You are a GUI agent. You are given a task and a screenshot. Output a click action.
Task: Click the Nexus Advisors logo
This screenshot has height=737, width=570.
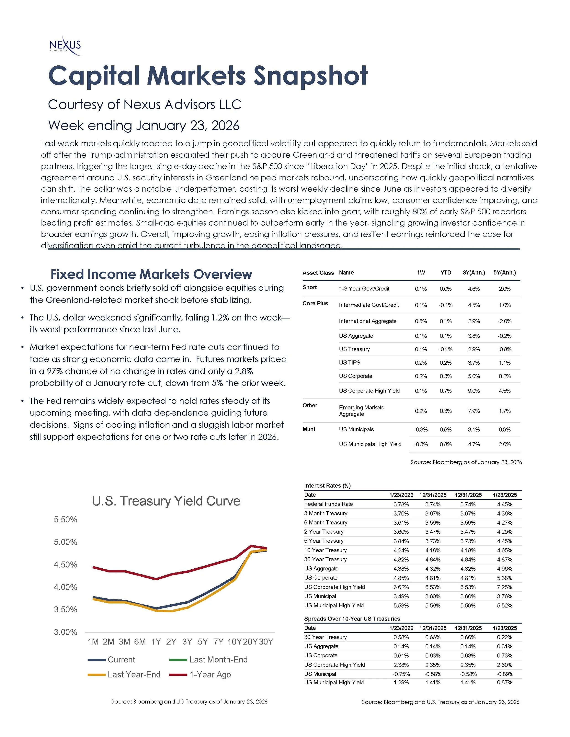point(65,46)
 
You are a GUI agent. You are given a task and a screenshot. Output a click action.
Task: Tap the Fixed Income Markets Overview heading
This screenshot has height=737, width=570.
point(151,274)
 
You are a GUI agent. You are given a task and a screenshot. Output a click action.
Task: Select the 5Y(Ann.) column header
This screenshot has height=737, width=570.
point(505,273)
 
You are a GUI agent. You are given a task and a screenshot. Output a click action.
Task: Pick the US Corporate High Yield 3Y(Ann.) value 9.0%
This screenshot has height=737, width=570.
point(474,391)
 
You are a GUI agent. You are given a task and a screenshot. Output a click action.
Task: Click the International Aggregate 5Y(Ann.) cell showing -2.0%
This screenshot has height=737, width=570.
point(505,321)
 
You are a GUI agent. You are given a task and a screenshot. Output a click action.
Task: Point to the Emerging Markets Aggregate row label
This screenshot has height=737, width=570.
point(361,411)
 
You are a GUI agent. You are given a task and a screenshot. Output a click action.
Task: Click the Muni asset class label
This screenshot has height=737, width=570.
point(309,429)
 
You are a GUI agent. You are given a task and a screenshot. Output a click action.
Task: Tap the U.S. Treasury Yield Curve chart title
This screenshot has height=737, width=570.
point(166,501)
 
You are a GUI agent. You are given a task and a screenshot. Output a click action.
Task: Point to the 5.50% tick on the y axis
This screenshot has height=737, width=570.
point(65,519)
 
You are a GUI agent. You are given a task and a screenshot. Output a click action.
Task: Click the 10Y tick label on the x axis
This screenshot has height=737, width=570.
point(234,642)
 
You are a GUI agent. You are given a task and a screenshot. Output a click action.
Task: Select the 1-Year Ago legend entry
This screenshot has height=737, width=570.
point(210,675)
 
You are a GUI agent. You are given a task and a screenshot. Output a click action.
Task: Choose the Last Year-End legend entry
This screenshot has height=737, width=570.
point(134,675)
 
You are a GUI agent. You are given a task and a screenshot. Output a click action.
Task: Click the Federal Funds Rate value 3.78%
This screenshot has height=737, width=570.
point(401,504)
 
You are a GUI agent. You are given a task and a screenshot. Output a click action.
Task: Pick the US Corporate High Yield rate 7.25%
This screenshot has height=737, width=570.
point(505,587)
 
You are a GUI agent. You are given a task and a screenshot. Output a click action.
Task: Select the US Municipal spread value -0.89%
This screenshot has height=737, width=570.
point(505,674)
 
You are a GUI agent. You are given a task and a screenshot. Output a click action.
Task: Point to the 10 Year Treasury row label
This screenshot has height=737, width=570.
point(325,550)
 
